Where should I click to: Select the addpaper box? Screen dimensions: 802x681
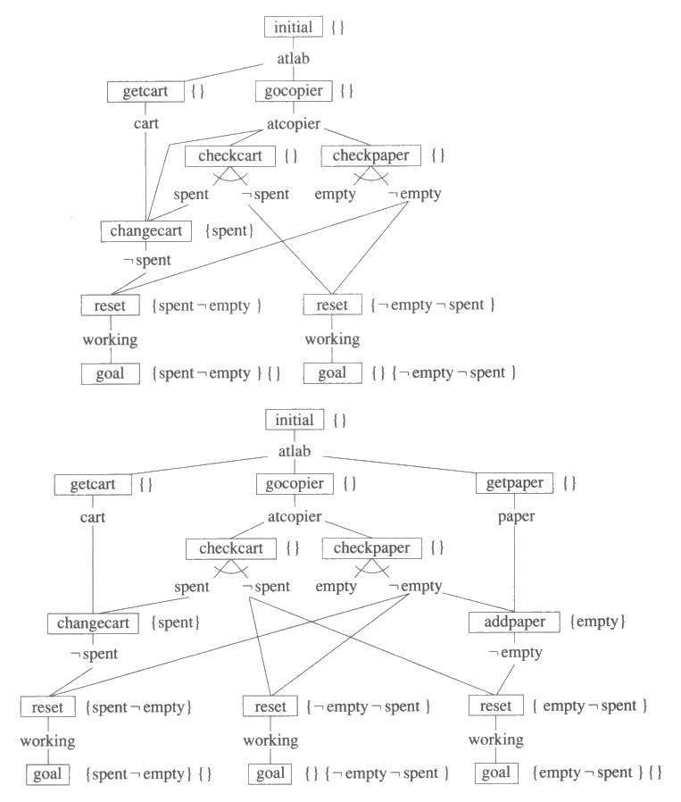click(514, 622)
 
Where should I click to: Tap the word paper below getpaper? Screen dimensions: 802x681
click(516, 516)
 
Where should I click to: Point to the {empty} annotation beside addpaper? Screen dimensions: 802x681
click(597, 622)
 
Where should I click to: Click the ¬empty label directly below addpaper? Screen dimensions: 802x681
click(515, 653)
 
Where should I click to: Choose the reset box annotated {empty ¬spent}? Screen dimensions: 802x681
click(495, 706)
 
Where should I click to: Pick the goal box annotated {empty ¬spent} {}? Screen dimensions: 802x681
click(495, 773)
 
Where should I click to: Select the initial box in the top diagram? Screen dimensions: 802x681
click(294, 27)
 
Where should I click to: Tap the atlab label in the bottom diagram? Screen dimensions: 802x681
click(295, 452)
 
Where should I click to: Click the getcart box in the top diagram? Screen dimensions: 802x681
click(145, 91)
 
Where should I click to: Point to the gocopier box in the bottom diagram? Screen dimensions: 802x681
click(295, 483)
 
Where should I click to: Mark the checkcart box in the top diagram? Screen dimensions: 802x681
click(230, 156)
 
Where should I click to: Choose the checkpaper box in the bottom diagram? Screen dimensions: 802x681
click(371, 548)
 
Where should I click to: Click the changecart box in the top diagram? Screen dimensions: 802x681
click(146, 231)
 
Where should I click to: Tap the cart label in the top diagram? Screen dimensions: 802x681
click(146, 123)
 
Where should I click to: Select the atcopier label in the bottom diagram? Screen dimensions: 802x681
click(295, 516)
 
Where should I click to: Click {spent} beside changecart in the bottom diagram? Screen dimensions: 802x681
click(175, 622)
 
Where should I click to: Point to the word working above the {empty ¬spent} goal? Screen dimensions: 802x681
click(495, 739)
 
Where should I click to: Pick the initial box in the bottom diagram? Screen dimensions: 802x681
click(295, 420)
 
